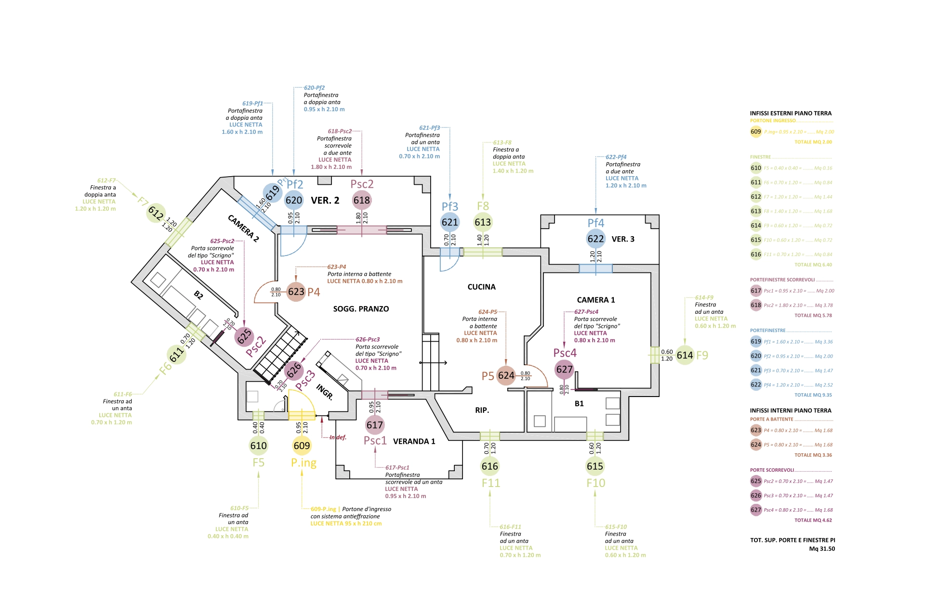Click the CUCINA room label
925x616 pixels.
coord(481,287)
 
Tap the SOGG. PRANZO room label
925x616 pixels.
coord(361,309)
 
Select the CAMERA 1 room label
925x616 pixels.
coord(596,300)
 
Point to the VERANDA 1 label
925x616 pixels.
coord(414,441)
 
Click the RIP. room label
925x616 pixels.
coord(482,410)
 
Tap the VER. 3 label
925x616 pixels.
coord(623,239)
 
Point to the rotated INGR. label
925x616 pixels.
coord(325,392)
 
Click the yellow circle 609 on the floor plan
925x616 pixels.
coord(302,446)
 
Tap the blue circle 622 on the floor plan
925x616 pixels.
coord(595,239)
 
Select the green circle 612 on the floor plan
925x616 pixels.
coord(156,213)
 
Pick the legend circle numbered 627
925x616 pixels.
coord(756,510)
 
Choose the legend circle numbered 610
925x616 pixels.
coord(756,168)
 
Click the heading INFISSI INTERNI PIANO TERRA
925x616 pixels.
coord(791,411)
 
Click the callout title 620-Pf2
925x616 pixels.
coord(314,88)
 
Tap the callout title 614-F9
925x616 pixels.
coord(704,297)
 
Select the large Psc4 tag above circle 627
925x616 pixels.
coord(565,353)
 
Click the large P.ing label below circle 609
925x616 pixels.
coord(304,463)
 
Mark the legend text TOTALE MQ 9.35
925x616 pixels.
coord(813,395)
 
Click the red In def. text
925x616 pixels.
coord(338,437)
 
